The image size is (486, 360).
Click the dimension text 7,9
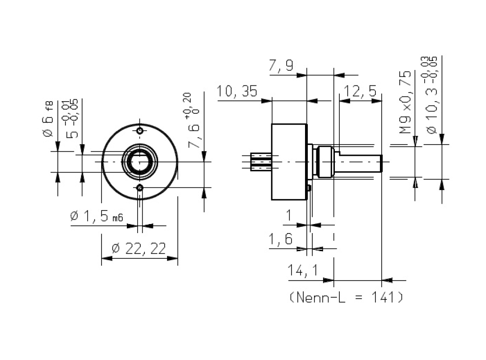coord(281,66)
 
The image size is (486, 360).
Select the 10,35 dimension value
coord(237,92)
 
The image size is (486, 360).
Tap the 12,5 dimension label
coord(360,92)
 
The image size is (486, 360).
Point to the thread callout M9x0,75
coord(406,102)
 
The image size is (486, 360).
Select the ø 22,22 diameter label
coord(139,248)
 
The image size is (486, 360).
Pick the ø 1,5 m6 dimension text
coord(97,216)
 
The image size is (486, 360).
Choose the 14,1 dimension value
coord(302,271)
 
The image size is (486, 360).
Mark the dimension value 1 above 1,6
coord(289,215)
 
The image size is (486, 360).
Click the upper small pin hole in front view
coord(140,131)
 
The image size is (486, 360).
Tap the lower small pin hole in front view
coord(140,188)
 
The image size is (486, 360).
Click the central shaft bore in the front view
coord(140,161)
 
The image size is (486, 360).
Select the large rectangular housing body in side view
coord(289,162)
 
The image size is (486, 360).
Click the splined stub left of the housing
coord(260,162)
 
